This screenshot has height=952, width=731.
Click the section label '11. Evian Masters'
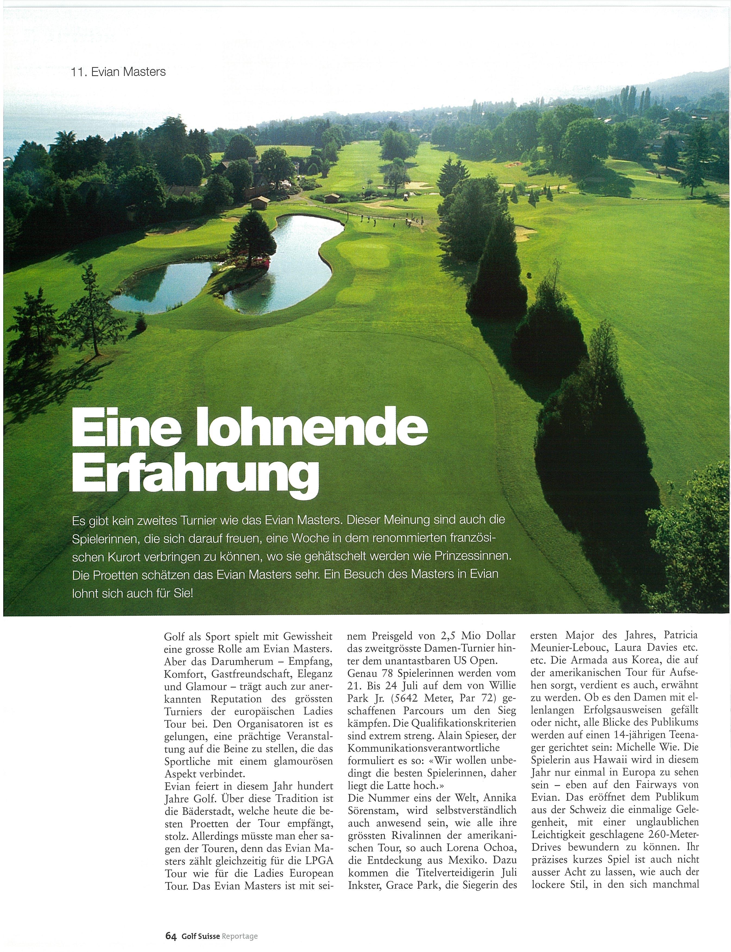(118, 72)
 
